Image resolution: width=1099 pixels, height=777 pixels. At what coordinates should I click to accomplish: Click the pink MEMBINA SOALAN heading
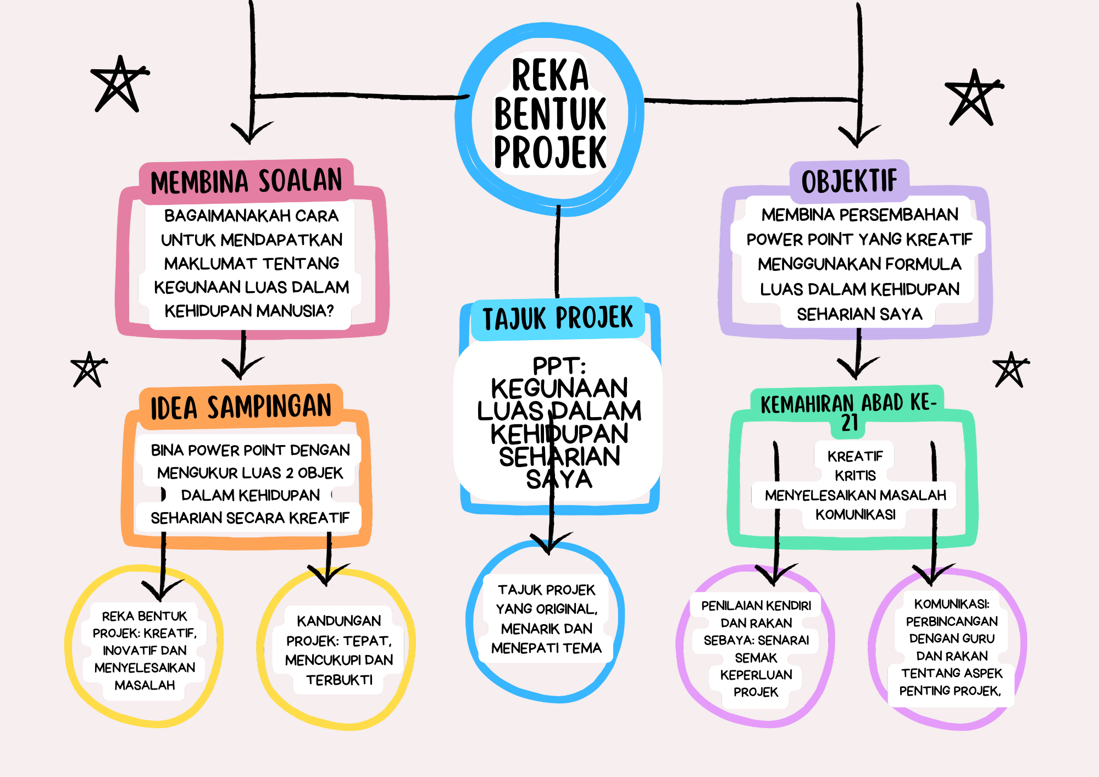pyautogui.click(x=246, y=181)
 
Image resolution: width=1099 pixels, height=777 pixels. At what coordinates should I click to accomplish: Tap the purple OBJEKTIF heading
pyautogui.click(x=849, y=181)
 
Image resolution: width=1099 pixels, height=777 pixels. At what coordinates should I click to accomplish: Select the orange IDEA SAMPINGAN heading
pyautogui.click(x=241, y=407)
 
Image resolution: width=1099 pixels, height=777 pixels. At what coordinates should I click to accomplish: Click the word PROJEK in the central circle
pyautogui.click(x=550, y=152)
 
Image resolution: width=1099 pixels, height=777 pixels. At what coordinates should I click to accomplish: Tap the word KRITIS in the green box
pyautogui.click(x=855, y=475)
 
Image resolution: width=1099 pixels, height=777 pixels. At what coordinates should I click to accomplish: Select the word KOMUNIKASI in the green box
pyautogui.click(x=855, y=514)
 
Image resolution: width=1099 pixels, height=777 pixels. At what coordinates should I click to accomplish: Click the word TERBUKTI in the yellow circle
pyautogui.click(x=339, y=680)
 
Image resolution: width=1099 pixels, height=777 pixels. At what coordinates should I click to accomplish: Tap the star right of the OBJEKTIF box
pyautogui.click(x=973, y=97)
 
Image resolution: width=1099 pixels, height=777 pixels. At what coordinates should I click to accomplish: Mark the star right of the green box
pyautogui.click(x=1010, y=369)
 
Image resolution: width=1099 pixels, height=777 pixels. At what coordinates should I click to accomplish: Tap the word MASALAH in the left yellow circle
pyautogui.click(x=145, y=685)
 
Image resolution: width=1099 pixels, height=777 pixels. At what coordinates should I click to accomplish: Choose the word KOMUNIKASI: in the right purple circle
pyautogui.click(x=952, y=604)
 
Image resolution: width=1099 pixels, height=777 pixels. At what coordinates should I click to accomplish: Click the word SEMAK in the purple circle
pyautogui.click(x=756, y=658)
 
